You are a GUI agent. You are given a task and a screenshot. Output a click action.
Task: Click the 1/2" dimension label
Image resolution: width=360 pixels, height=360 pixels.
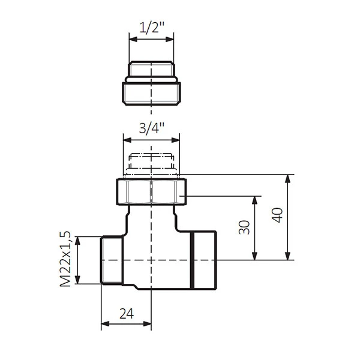pos(152,28)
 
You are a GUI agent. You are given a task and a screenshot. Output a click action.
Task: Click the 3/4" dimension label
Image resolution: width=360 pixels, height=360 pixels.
pos(152,128)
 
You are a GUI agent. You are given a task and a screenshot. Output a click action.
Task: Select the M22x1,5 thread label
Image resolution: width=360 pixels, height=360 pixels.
pos(65,259)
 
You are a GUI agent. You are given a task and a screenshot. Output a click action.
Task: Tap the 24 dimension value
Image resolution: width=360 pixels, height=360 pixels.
pos(127,314)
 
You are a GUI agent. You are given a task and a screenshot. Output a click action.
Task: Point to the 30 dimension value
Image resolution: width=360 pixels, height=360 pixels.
pos(244,227)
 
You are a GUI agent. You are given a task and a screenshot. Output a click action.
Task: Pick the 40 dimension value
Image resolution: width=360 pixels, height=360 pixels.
pos(277,215)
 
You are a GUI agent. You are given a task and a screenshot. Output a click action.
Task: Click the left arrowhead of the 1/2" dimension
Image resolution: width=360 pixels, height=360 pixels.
pos(133,39)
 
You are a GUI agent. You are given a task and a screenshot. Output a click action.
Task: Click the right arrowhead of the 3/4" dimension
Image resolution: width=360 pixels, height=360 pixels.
pos(176,140)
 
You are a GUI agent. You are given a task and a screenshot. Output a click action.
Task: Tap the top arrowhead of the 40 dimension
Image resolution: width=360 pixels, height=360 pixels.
pos(287,179)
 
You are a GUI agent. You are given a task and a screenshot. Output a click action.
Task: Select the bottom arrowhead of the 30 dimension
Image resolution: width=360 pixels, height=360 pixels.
pos(254,256)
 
